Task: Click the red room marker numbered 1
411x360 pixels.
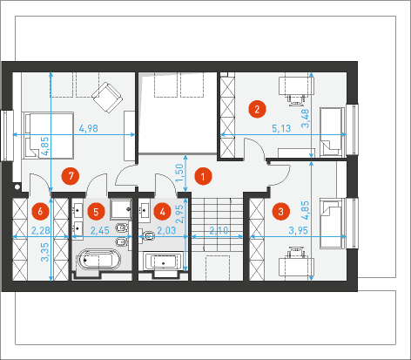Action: click(x=203, y=176)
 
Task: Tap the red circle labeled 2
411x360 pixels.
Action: click(x=257, y=109)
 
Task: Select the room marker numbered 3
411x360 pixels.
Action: click(x=280, y=212)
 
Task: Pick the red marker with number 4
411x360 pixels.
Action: click(x=163, y=212)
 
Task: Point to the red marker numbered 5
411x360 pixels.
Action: click(x=96, y=212)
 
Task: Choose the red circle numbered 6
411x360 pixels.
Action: click(x=40, y=211)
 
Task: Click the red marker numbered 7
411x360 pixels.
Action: click(x=71, y=176)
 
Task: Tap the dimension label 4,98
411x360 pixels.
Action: click(x=89, y=128)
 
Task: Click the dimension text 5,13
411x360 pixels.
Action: click(x=281, y=128)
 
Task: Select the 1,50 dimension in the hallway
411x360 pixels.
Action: click(x=180, y=173)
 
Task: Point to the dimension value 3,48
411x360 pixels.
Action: click(x=306, y=119)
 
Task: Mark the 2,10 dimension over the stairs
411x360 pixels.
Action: click(x=219, y=231)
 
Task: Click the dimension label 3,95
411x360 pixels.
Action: click(x=298, y=231)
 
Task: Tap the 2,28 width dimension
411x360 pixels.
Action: click(x=41, y=231)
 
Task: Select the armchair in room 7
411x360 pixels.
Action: click(x=107, y=98)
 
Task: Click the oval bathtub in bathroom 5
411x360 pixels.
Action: click(x=98, y=259)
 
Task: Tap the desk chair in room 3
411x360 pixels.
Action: click(x=295, y=253)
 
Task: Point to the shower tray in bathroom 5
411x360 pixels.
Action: click(x=121, y=209)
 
